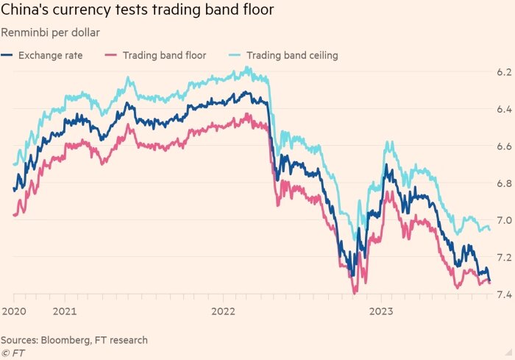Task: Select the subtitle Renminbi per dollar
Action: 50,32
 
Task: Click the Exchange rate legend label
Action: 50,55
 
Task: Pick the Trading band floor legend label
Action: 164,55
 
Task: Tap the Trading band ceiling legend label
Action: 292,55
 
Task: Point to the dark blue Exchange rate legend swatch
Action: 7,55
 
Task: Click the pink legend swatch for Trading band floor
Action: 112,55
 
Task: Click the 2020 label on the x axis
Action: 14,311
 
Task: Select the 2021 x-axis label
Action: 65,311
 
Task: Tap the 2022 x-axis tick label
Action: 224,311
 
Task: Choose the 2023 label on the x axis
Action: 381,311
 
